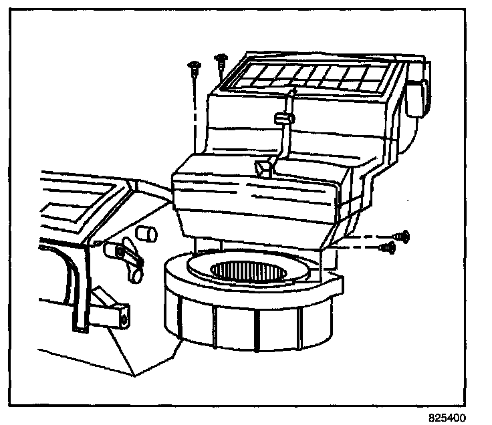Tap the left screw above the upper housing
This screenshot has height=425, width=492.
pos(193,66)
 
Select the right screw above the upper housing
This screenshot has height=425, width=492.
pos(219,62)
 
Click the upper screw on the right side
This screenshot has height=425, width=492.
pos(402,236)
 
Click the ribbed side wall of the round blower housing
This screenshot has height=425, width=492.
pos(234,327)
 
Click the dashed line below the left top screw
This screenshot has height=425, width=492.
pos(194,114)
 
